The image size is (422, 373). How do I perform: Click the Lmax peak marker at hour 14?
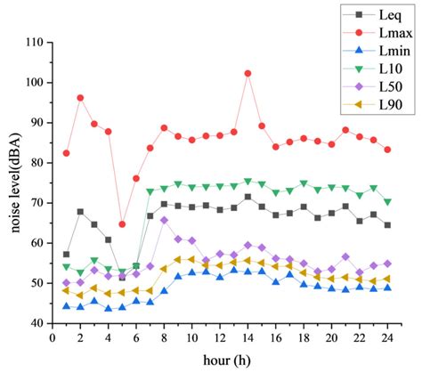pyautogui.click(x=248, y=73)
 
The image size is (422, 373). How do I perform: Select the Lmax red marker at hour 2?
pyautogui.click(x=80, y=98)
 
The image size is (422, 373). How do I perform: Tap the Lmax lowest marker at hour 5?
pyautogui.click(x=122, y=224)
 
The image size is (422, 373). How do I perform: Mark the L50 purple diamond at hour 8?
pyautogui.click(x=164, y=220)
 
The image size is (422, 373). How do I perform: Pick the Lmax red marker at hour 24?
pyautogui.click(x=387, y=150)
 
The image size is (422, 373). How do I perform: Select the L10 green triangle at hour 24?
pyautogui.click(x=387, y=202)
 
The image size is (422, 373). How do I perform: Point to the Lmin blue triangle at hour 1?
pyautogui.click(x=66, y=306)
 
